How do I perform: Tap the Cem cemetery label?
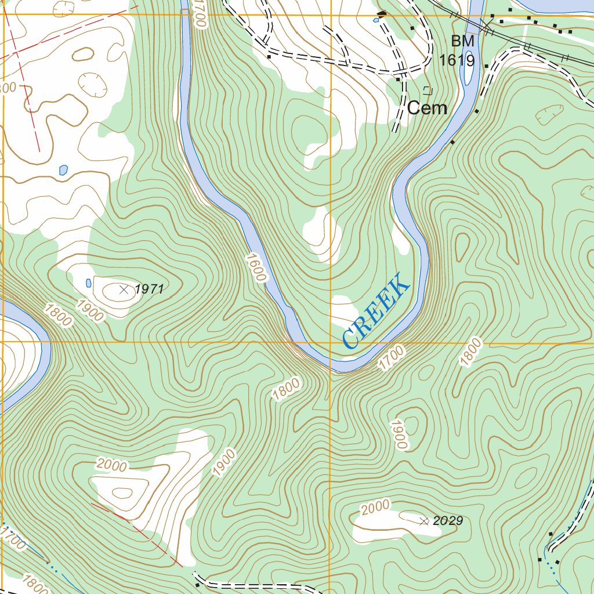pyautogui.click(x=427, y=108)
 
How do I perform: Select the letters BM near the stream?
pyautogui.click(x=462, y=42)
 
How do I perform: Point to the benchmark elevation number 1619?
pyautogui.click(x=457, y=60)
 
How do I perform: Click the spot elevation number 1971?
pyautogui.click(x=150, y=289)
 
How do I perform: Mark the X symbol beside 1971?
pyautogui.click(x=123, y=289)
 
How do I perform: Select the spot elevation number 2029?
pyautogui.click(x=448, y=521)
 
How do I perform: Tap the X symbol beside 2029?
pyautogui.click(x=424, y=521)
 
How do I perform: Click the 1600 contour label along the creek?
pyautogui.click(x=256, y=267)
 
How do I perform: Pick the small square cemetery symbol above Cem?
pyautogui.click(x=428, y=89)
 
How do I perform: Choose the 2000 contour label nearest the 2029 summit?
pyautogui.click(x=375, y=508)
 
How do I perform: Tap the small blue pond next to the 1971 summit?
pyautogui.click(x=88, y=283)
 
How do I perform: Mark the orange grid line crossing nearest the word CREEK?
pyautogui.click(x=330, y=342)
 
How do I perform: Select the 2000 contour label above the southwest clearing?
pyautogui.click(x=111, y=464)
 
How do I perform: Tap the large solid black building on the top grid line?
pyautogui.click(x=382, y=13)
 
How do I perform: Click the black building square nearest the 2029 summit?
pyautogui.click(x=550, y=533)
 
